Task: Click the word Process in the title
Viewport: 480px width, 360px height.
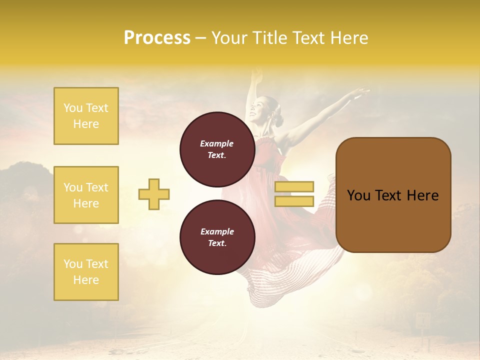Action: [x=157, y=38]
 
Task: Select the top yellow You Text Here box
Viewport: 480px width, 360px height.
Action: [x=86, y=116]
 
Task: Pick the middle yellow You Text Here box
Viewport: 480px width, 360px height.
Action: [x=86, y=195]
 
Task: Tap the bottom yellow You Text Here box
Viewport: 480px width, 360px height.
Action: [x=86, y=272]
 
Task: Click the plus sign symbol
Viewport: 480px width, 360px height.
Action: [x=154, y=194]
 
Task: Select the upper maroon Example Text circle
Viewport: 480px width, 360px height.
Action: [x=217, y=149]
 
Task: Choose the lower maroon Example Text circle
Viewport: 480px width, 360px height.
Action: [x=217, y=237]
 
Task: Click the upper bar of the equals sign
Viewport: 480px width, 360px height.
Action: [x=294, y=186]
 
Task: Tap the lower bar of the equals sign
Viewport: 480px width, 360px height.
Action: [x=294, y=201]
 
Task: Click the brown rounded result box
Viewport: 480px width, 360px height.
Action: [x=393, y=194]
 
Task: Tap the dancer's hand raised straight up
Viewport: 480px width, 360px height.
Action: [x=257, y=75]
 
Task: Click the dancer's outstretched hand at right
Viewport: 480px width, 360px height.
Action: [x=361, y=93]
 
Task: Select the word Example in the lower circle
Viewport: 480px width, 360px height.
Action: [x=217, y=231]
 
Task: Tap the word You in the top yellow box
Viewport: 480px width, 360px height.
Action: [x=73, y=108]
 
